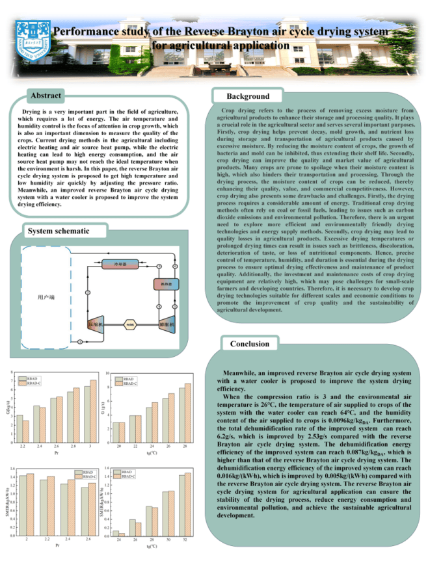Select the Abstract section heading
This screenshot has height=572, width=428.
point(46,96)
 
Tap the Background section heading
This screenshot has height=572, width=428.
point(248,96)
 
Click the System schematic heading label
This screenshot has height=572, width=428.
point(58,231)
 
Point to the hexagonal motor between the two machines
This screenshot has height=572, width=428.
point(130,324)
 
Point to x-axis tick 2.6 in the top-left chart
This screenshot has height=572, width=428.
point(57,447)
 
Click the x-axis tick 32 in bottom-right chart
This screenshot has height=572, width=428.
point(185,540)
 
